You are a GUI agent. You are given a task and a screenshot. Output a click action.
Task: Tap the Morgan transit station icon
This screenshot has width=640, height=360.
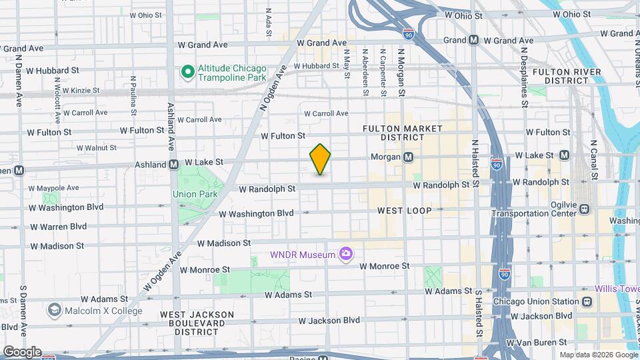[408, 157]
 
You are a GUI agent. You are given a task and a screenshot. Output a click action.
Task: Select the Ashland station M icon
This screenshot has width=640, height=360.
[173, 163]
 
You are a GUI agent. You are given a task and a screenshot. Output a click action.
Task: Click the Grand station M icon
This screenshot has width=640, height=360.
[473, 40]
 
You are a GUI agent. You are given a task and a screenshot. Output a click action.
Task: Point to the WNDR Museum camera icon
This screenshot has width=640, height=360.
[345, 253]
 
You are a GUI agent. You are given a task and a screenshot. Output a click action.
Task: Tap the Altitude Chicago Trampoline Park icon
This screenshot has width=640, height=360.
[188, 71]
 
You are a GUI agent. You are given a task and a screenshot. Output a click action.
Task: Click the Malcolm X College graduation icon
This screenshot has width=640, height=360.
[54, 310]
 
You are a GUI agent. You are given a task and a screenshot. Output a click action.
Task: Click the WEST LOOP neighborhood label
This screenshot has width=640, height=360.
[404, 210]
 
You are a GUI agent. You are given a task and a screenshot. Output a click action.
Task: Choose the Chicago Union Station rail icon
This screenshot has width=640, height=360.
[586, 301]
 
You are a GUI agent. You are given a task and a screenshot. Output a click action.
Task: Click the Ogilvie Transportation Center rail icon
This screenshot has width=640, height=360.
[584, 209]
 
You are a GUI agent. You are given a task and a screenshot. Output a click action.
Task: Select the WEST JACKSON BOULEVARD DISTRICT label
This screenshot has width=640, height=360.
[197, 322]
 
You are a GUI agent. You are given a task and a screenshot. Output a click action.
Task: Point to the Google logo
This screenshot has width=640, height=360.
[21, 352]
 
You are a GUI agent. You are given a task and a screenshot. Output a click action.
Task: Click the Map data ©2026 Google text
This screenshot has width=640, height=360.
[598, 355]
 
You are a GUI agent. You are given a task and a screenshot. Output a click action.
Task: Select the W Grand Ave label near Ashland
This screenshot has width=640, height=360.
[203, 45]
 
